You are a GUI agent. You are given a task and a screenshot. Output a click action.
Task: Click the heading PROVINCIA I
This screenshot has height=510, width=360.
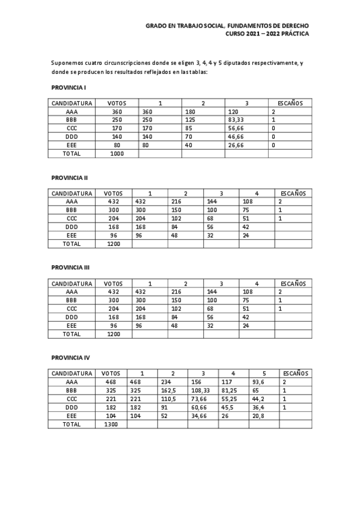[69, 87]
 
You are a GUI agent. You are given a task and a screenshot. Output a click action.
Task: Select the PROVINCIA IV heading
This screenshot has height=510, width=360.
[70, 357]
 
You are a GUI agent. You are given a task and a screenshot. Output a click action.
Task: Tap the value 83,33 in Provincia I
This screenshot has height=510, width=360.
[237, 120]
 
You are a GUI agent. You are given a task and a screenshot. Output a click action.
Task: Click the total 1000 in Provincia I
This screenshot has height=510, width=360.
[117, 153]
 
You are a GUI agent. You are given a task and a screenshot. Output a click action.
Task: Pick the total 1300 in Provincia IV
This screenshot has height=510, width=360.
[111, 424]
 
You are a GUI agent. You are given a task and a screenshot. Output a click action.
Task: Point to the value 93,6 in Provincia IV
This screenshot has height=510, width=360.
[257, 382]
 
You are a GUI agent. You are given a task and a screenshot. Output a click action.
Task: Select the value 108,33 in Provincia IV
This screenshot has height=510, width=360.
[198, 390]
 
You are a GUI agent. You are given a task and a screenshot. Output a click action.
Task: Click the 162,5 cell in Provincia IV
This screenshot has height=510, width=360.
[168, 390]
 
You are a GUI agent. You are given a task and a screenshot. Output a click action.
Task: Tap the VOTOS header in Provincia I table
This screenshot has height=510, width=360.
[117, 103]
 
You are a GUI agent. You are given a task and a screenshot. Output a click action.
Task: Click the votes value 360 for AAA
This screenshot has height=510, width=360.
[117, 112]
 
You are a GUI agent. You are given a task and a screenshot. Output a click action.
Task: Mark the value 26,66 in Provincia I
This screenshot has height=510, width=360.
[237, 145]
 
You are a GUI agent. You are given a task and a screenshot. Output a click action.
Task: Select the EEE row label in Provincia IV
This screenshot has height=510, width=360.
[72, 416]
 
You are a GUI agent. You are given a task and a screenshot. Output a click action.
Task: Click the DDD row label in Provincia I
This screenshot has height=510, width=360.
[72, 137]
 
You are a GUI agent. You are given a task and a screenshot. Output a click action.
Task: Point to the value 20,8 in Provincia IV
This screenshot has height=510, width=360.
[257, 416]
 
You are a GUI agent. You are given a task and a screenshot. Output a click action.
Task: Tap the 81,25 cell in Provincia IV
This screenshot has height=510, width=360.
[229, 390]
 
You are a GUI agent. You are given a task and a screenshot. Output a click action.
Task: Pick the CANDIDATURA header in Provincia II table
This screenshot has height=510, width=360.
[72, 194]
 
